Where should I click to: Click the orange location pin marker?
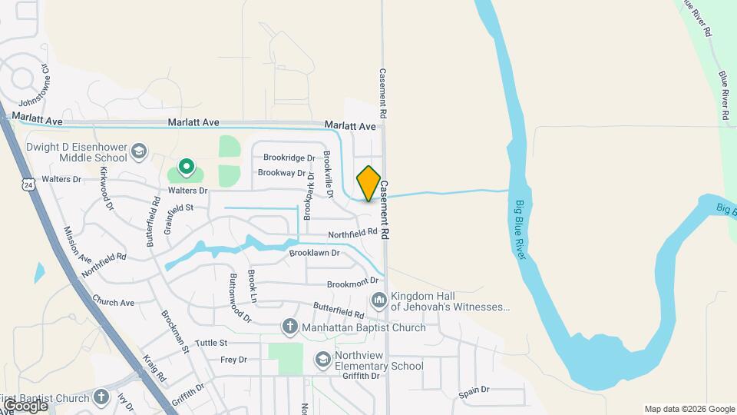368,184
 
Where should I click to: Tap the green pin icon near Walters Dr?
185,165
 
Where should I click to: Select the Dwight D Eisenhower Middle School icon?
139,150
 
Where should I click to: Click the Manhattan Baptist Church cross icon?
290,327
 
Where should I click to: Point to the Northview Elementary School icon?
323,359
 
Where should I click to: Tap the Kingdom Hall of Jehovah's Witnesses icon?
378,300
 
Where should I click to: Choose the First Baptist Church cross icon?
101,397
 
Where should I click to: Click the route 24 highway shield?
28,185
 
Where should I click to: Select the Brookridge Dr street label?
289,158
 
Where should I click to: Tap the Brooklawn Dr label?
315,253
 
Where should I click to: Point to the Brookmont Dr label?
353,284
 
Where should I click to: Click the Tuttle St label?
211,343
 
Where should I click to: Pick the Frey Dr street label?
233,360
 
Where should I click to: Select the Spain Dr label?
474,392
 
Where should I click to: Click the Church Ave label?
113,302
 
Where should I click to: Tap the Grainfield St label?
188,207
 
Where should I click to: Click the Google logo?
25,405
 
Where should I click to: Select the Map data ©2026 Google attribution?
689,409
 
